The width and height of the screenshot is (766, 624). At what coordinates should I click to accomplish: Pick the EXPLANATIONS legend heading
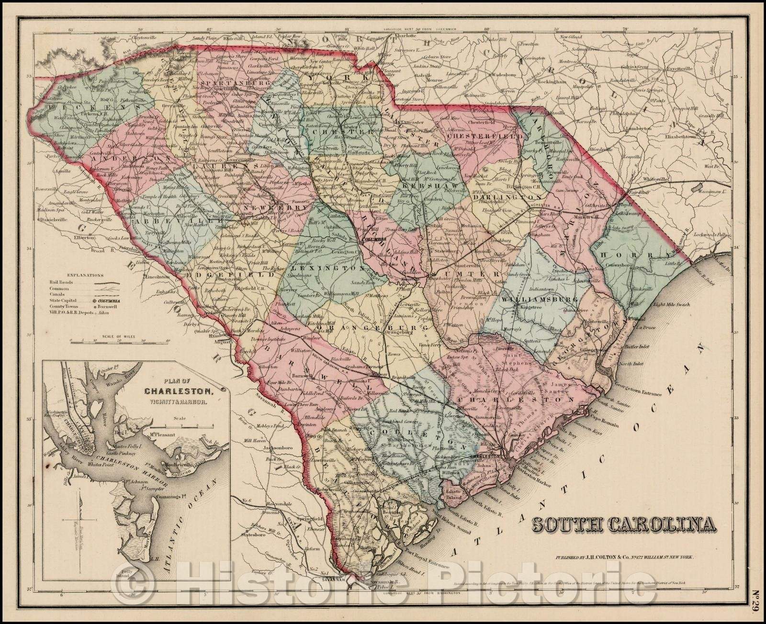pyautogui.click(x=85, y=276)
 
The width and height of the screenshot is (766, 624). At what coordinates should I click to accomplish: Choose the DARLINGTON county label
pyautogui.click(x=497, y=197)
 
